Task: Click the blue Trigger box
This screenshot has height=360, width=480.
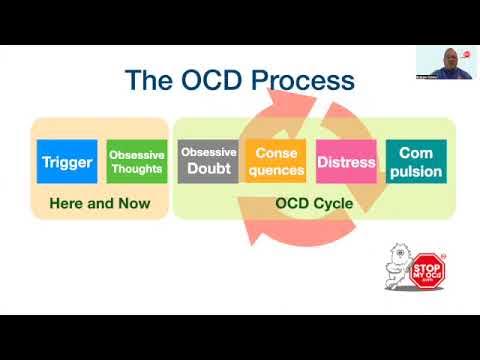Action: (x=66, y=162)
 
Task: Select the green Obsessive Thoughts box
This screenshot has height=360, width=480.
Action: (x=137, y=162)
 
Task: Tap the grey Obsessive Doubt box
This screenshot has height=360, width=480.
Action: (x=208, y=162)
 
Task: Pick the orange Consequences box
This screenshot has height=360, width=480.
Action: (x=276, y=162)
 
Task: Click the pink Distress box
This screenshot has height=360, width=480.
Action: (x=346, y=162)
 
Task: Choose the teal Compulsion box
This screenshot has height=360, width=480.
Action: (x=415, y=162)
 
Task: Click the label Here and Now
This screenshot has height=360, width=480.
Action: (x=99, y=203)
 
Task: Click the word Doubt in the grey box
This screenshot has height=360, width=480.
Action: (x=208, y=169)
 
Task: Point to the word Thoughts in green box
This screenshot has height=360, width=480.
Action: (x=137, y=169)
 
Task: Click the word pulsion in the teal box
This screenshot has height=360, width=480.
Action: (x=415, y=171)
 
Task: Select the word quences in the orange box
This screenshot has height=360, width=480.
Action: (x=276, y=170)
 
